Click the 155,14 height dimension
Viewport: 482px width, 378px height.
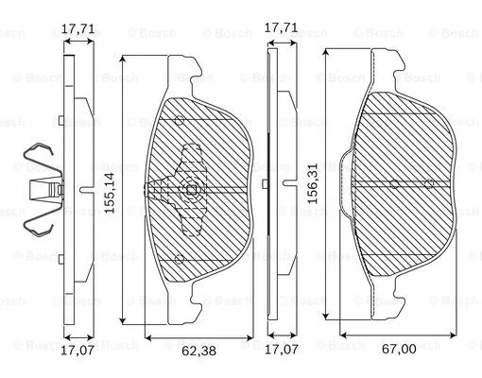(x=111, y=193)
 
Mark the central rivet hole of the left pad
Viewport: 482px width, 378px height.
(x=192, y=191)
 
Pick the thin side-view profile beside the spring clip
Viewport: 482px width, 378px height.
(x=68, y=189)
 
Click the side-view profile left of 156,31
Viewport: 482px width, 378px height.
(x=275, y=189)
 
